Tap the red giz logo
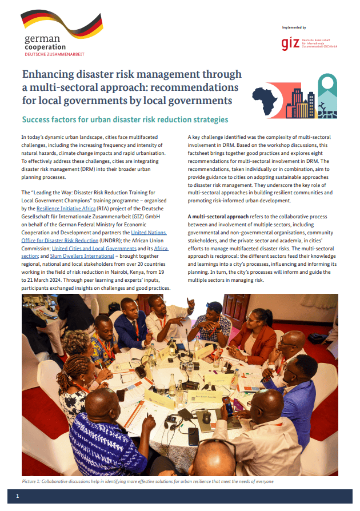point(290,43)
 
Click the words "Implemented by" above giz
point(294,27)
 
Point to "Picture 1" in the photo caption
point(34,481)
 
